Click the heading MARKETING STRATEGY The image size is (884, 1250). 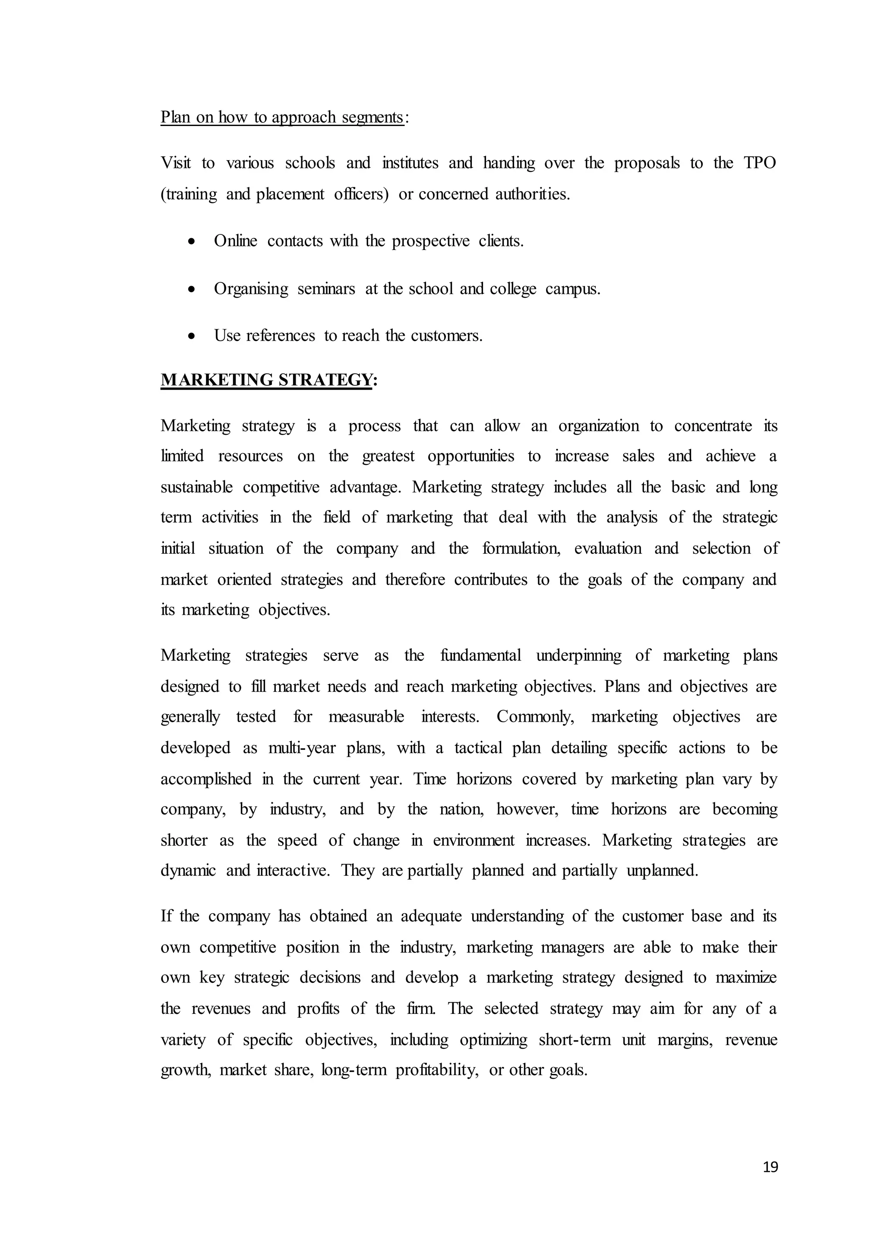coord(267,380)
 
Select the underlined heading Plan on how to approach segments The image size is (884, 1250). coord(282,117)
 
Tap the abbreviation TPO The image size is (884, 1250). coord(760,163)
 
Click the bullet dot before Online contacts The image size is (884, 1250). coord(191,242)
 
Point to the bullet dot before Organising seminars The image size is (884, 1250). coord(191,290)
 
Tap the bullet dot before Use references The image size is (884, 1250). coord(191,336)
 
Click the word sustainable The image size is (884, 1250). coord(196,487)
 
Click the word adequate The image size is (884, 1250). coord(431,916)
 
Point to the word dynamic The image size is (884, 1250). coord(188,871)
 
